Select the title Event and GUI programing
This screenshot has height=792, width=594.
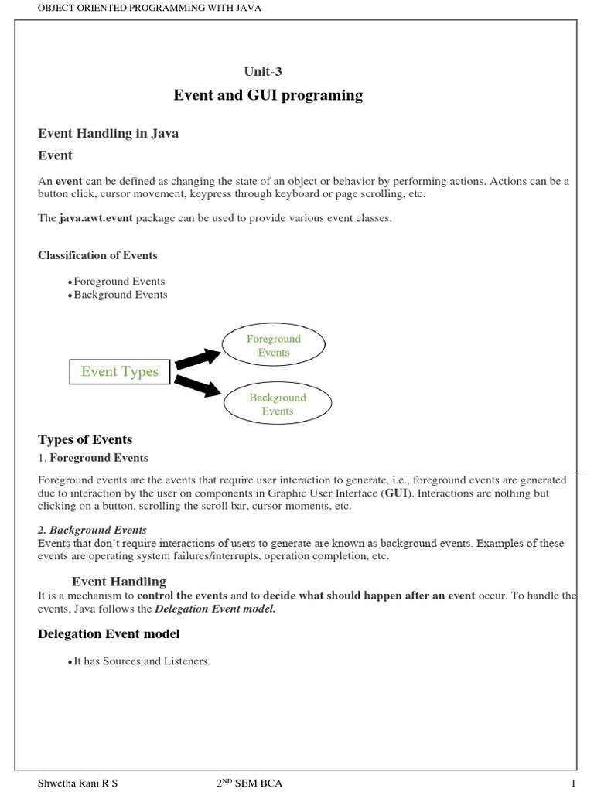click(268, 95)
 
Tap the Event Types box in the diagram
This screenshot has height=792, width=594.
click(119, 372)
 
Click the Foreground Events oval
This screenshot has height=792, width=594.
click(274, 346)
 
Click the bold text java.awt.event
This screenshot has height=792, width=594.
click(97, 218)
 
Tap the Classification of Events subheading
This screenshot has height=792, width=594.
click(97, 255)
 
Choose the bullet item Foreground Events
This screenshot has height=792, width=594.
click(118, 282)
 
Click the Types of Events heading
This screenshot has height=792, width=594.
click(85, 440)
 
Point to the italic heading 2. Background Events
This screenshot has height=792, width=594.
click(92, 530)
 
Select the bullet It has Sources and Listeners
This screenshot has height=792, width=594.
click(142, 661)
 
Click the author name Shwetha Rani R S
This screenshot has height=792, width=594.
click(78, 783)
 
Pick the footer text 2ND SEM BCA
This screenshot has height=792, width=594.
click(249, 783)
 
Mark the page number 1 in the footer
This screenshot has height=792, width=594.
click(574, 783)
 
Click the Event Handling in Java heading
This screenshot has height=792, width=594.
click(108, 133)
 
